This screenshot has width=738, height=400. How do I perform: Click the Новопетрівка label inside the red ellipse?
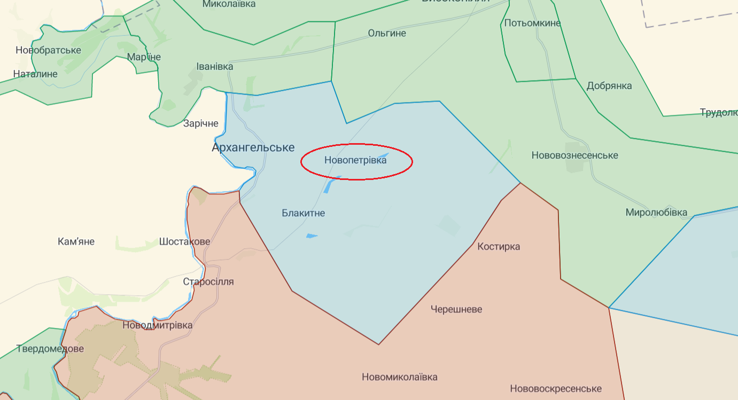click(x=355, y=160)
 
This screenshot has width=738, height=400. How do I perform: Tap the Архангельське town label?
click(x=253, y=147)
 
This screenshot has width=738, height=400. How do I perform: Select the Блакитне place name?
click(x=303, y=213)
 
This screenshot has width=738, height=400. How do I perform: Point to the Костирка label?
click(x=499, y=246)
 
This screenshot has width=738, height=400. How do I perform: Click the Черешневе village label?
click(x=456, y=309)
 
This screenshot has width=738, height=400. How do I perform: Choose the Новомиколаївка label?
click(x=400, y=377)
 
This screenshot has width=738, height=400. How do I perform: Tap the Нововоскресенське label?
click(x=556, y=389)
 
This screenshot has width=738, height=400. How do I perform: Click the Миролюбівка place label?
click(x=656, y=213)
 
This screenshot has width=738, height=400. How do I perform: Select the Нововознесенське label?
click(x=574, y=155)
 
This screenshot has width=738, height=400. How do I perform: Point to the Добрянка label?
click(x=609, y=86)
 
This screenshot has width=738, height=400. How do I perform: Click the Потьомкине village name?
click(x=532, y=23)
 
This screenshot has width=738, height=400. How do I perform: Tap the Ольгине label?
click(x=387, y=33)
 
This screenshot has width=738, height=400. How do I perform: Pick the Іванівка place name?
click(x=215, y=67)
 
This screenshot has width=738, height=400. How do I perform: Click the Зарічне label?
click(x=201, y=123)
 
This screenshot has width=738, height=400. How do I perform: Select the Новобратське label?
click(x=48, y=50)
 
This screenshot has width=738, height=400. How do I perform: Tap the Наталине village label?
click(x=35, y=74)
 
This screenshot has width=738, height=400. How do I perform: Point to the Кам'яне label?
click(x=76, y=241)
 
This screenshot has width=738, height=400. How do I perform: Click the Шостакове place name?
click(x=184, y=241)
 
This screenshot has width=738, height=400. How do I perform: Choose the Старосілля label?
click(x=208, y=281)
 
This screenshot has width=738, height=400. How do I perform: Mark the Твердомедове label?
click(x=50, y=349)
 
